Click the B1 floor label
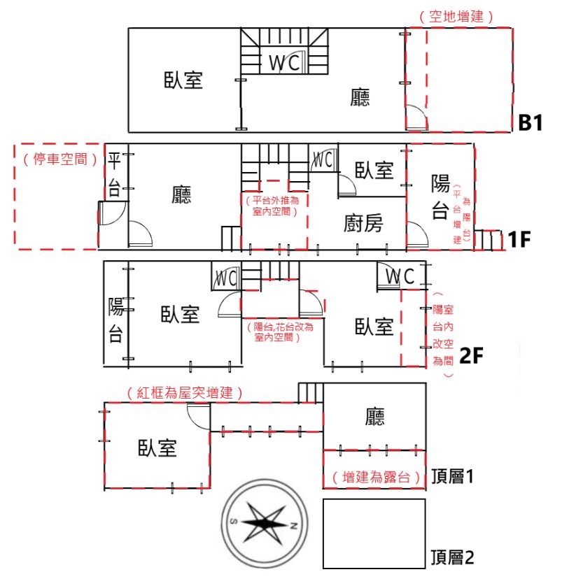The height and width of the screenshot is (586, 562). [x=531, y=122]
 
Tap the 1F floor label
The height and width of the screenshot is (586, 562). [x=519, y=240]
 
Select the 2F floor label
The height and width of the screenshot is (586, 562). [x=471, y=355]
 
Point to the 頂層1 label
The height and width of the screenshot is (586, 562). [x=452, y=476]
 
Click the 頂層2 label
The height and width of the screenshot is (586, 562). [x=452, y=557]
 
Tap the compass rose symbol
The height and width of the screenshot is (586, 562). [x=265, y=523]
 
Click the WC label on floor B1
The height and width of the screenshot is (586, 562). [x=284, y=63]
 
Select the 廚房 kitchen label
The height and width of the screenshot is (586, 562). [x=363, y=223]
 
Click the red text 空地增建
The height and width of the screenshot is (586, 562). [x=456, y=17]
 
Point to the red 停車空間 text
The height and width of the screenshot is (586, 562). [x=60, y=159]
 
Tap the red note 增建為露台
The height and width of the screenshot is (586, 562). [x=376, y=477]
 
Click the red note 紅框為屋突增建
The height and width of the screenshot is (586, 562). [x=185, y=393]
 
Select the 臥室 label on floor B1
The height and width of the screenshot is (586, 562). [x=183, y=80]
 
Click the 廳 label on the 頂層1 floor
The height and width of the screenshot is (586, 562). [x=374, y=417]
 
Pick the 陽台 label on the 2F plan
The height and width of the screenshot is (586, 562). [x=115, y=320]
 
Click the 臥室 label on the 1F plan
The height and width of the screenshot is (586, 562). [x=374, y=171]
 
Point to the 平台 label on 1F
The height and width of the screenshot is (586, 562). [x=114, y=174]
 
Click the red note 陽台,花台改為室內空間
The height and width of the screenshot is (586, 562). [x=280, y=332]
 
